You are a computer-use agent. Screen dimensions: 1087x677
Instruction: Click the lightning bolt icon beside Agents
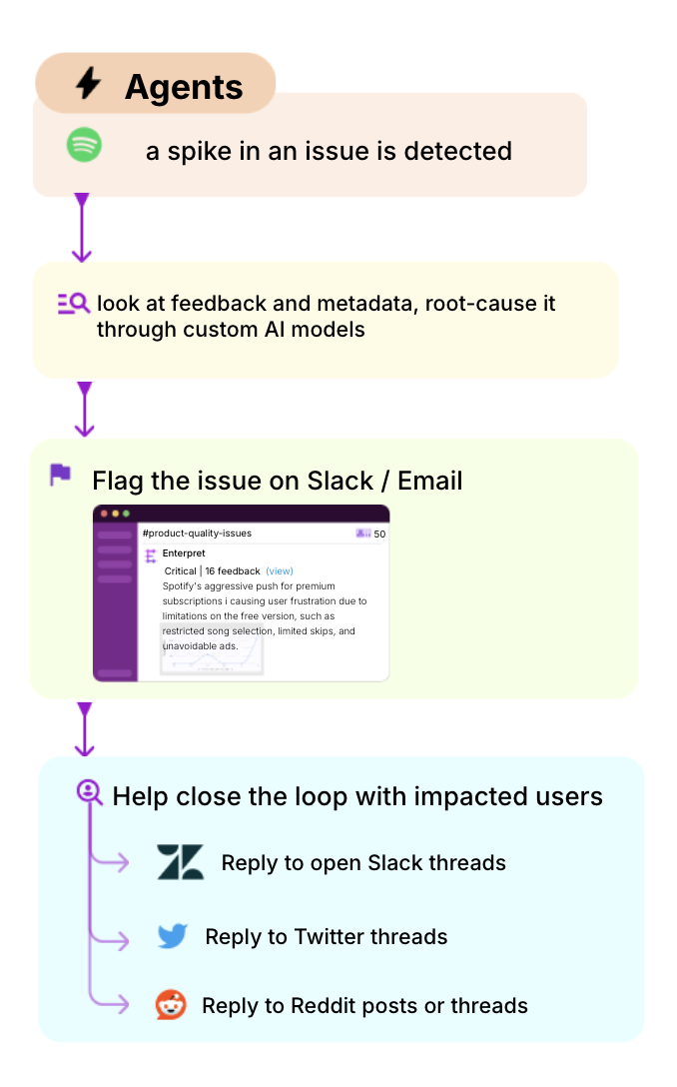pos(89,84)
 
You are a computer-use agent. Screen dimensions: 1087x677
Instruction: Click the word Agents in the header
pos(184,87)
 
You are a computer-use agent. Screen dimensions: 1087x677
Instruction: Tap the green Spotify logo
pos(85,146)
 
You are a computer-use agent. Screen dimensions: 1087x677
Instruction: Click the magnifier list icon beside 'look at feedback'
pos(74,304)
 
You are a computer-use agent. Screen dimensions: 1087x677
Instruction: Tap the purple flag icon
pos(61,475)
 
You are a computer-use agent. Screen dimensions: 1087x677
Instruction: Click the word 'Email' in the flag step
pos(429,481)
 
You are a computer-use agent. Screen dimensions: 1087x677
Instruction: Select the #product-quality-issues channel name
pos(197,534)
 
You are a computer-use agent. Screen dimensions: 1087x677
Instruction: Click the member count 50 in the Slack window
pos(379,534)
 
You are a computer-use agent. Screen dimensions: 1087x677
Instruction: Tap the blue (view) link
pos(280,571)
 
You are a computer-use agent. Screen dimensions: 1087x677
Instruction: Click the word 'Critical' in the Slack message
pos(180,571)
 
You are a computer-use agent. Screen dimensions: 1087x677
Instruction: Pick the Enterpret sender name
pos(184,552)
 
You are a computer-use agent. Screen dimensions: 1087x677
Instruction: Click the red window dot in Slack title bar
pos(103,514)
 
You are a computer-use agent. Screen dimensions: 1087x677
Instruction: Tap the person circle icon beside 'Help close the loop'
pos(90,791)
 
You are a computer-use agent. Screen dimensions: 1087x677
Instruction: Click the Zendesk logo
pos(180,862)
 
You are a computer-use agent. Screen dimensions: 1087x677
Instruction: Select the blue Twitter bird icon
pos(173,936)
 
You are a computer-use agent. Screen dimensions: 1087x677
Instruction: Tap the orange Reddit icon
pos(172,1004)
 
